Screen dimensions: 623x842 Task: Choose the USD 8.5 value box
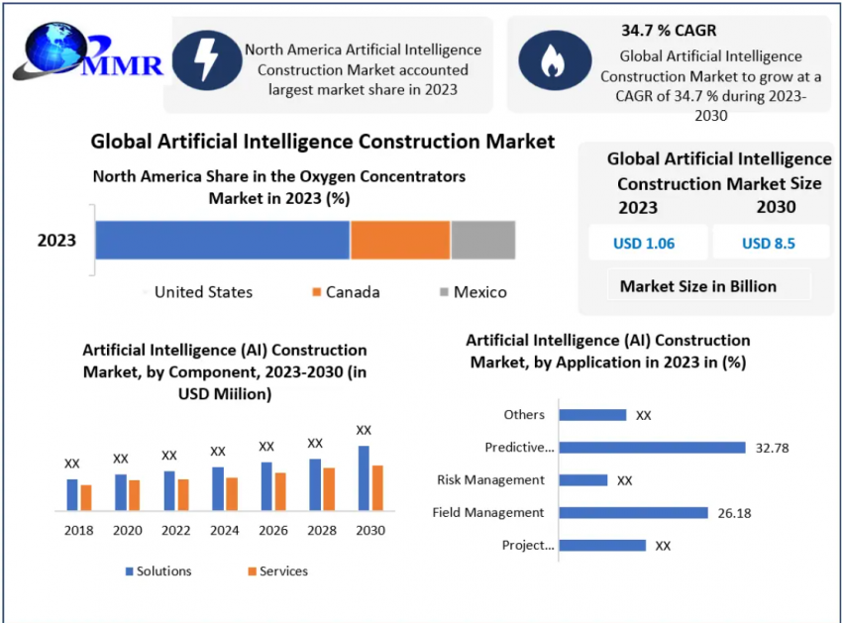[769, 244]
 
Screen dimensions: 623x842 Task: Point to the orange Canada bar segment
[400, 241]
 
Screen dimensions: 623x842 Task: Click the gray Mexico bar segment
[483, 241]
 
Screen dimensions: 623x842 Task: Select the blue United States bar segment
[223, 241]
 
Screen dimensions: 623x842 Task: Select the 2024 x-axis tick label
[225, 531]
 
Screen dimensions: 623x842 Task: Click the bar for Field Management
[633, 513]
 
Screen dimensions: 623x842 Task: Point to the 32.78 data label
[772, 448]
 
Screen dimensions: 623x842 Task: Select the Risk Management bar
[582, 480]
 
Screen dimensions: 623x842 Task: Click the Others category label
[524, 415]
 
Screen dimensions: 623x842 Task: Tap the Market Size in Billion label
[698, 286]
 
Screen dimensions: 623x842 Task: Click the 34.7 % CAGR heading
[669, 31]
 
